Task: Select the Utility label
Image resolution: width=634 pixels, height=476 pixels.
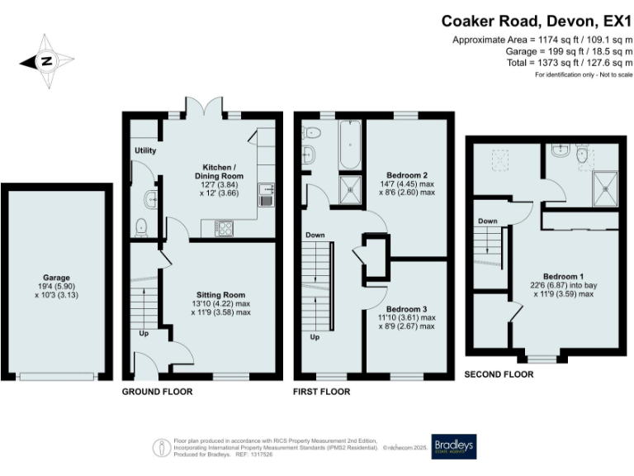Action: [145, 150]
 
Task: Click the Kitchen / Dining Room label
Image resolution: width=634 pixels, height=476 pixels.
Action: [219, 171]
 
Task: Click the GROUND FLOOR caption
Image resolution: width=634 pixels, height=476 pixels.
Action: [157, 392]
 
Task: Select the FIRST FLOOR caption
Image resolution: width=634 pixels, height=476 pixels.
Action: [322, 392]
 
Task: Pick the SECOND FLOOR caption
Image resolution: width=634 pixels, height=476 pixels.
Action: [499, 374]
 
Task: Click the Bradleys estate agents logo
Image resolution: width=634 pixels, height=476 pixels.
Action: [454, 446]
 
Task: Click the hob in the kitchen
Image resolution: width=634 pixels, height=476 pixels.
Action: [224, 226]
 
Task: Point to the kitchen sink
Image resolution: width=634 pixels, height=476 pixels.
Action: [267, 194]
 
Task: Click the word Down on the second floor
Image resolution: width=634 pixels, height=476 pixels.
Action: [487, 221]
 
